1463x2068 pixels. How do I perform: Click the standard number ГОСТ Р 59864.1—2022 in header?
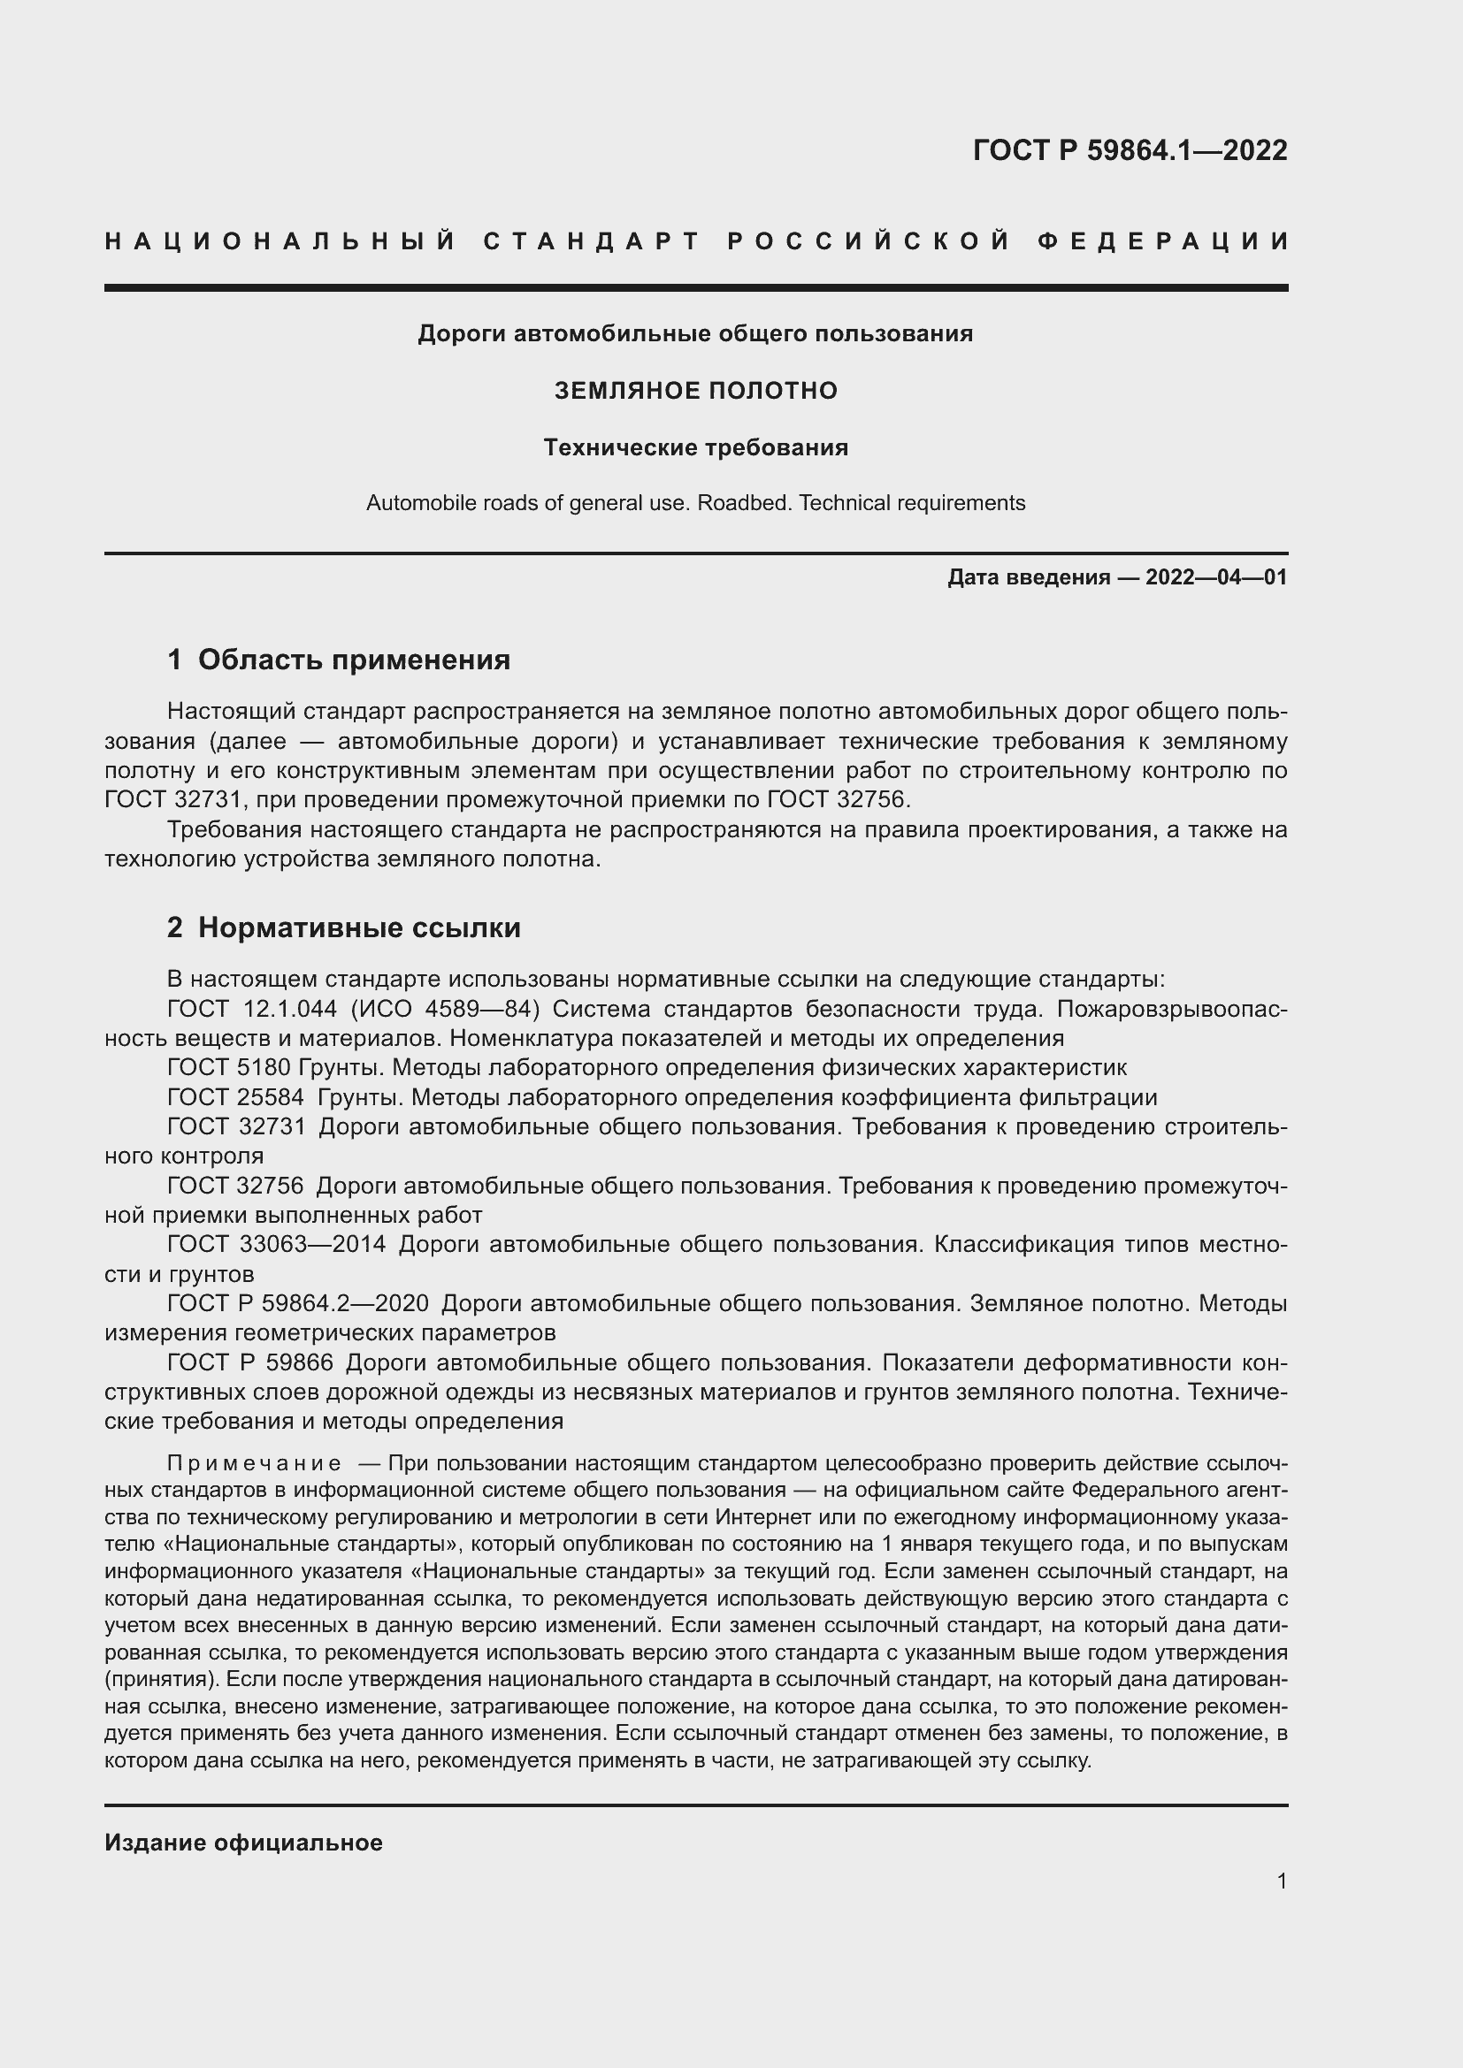coord(1130,150)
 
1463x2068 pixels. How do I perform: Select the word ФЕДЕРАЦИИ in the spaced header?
coord(1162,241)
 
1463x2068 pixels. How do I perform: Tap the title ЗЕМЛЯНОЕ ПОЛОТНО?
coord(695,391)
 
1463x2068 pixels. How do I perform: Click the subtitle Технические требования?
coord(695,447)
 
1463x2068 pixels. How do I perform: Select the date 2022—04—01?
coord(1216,577)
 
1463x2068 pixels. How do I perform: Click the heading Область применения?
coord(354,660)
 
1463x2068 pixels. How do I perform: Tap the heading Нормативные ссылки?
coord(359,927)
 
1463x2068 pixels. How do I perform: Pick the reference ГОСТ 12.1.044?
coord(252,1009)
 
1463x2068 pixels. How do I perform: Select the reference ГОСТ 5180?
coord(229,1067)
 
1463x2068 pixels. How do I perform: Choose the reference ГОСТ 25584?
coord(236,1097)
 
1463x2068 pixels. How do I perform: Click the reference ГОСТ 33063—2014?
coord(277,1244)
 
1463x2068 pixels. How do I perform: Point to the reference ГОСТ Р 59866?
coord(250,1362)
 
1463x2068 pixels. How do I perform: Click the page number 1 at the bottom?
coord(1282,1881)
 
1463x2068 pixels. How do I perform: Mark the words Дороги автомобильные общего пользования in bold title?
coord(695,334)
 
